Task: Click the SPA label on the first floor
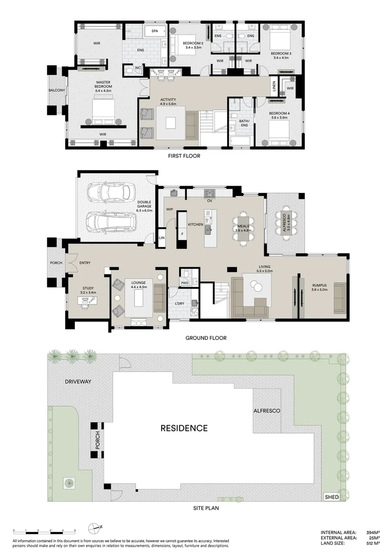[x=154, y=31]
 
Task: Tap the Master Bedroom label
[x=104, y=86]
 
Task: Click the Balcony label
[x=56, y=90]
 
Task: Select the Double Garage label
[x=144, y=207]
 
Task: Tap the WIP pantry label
[x=169, y=209]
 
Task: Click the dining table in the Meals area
[x=243, y=225]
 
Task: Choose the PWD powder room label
[x=185, y=283]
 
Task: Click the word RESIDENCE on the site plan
[x=184, y=428]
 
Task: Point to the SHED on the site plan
[x=332, y=497]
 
